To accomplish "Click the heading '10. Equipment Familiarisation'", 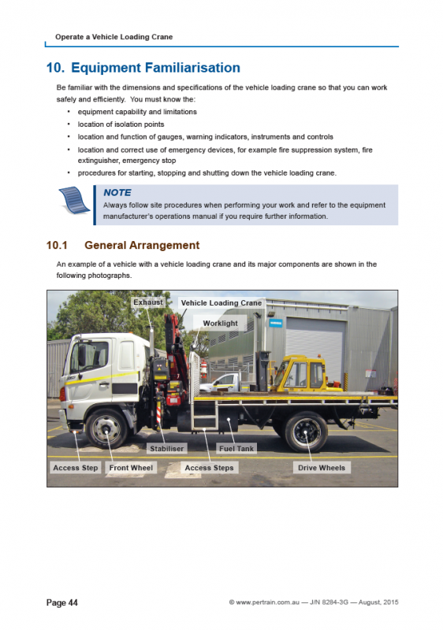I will (143, 68).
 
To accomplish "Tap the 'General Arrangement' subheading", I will (141, 245).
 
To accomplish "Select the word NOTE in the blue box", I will (117, 192).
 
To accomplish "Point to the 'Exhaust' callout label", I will (147, 302).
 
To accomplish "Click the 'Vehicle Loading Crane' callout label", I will (221, 303).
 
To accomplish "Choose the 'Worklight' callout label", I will (220, 323).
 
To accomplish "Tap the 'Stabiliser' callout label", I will (166, 448).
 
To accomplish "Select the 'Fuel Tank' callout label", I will (236, 448).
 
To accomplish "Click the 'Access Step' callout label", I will (76, 468).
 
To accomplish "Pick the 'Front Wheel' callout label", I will (132, 468).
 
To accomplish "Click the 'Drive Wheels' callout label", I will (322, 468).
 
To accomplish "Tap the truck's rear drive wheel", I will (305, 430).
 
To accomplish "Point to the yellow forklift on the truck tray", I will (300, 373).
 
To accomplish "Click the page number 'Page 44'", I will (62, 602).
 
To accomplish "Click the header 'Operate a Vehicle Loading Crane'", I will (114, 37).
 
